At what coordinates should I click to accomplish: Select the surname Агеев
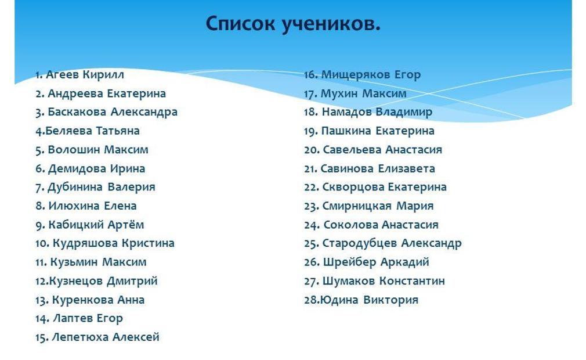coord(62,74)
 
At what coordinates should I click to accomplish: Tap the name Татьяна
coord(118,131)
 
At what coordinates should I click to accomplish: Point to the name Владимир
coord(404,112)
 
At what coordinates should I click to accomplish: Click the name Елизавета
coord(407,168)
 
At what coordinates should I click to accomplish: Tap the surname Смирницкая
coord(357,206)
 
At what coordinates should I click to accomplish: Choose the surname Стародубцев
coord(356,243)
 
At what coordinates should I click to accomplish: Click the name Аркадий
coord(405,262)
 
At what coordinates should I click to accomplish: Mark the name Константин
coord(412,281)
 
